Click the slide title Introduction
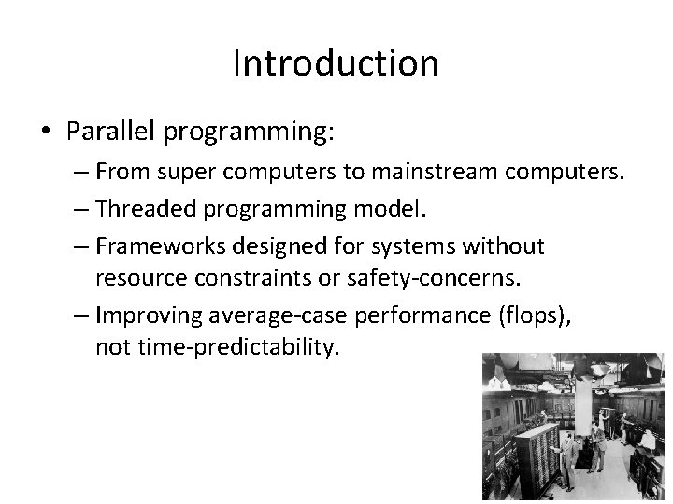[336, 63]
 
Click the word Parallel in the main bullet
[112, 132]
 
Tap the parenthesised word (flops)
[534, 315]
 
